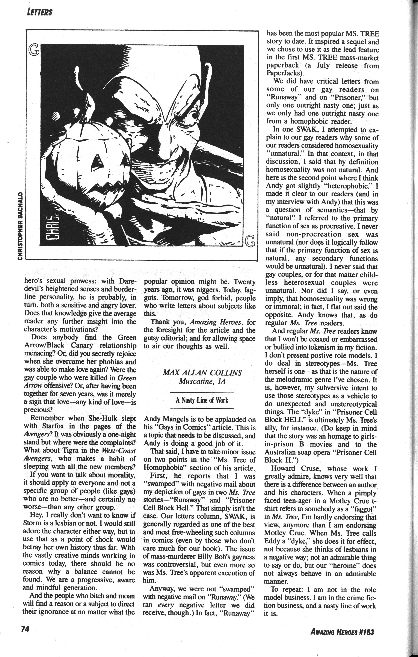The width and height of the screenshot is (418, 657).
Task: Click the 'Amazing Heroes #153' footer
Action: point(342,637)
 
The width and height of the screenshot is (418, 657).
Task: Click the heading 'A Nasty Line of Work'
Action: point(202,400)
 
